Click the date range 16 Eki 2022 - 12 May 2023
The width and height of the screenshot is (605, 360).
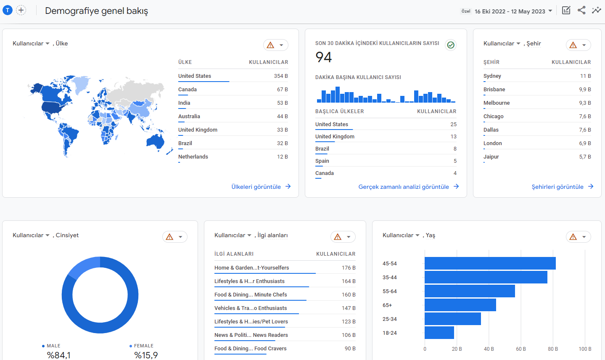(510, 11)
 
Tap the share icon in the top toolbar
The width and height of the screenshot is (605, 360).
(581, 11)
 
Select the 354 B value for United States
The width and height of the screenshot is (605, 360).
(281, 76)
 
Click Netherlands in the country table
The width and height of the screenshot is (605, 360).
(193, 157)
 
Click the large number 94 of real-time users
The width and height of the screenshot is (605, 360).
(324, 57)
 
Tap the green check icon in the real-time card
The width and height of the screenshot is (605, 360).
(451, 45)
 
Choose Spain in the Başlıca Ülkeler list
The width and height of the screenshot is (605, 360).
(322, 161)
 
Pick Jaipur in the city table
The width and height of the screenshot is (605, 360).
(491, 157)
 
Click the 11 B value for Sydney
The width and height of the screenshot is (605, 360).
(585, 76)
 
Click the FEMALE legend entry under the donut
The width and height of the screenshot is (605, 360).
(142, 346)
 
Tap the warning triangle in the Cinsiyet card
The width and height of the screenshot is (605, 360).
(169, 237)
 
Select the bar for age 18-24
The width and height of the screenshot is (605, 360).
(439, 333)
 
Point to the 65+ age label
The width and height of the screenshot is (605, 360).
(387, 305)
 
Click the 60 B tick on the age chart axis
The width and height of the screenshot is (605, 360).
(521, 349)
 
